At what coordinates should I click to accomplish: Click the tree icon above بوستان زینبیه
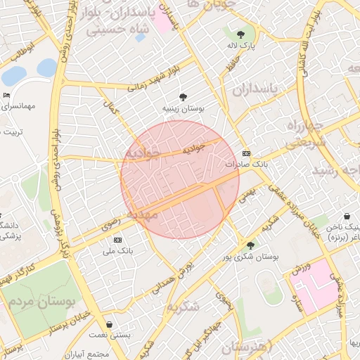[184, 97]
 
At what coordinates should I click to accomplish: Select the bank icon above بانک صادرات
[246, 153]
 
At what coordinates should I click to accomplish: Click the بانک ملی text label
[117, 250]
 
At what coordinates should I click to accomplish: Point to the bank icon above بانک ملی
[117, 240]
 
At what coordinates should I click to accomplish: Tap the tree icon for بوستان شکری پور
[251, 245]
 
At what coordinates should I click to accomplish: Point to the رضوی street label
[110, 224]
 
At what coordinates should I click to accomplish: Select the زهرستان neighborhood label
[251, 347]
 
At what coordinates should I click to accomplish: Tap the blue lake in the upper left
[46, 67]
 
